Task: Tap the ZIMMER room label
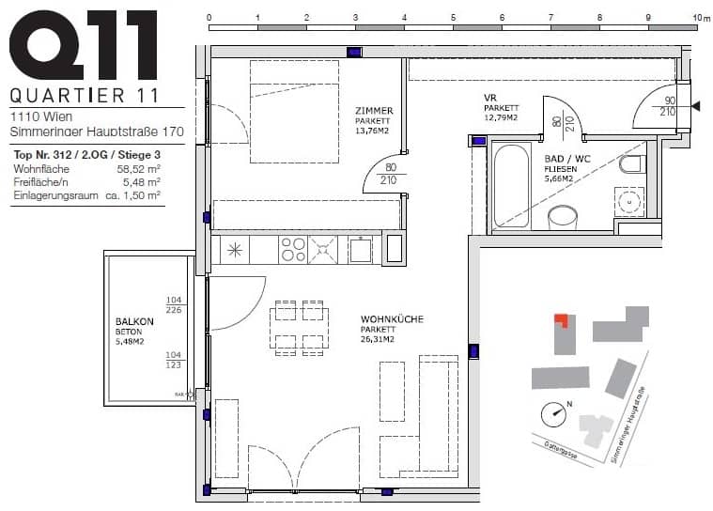[x=373, y=111]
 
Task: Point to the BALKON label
[x=128, y=321]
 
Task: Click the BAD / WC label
[x=567, y=159]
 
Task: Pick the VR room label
[x=489, y=98]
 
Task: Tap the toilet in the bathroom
[x=629, y=166]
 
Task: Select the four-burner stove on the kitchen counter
[x=292, y=249]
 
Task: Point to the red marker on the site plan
[x=560, y=318]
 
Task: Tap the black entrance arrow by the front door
[x=696, y=107]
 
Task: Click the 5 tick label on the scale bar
[x=453, y=17]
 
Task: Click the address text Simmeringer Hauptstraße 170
[x=97, y=132]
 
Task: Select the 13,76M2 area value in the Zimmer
[x=374, y=131]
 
